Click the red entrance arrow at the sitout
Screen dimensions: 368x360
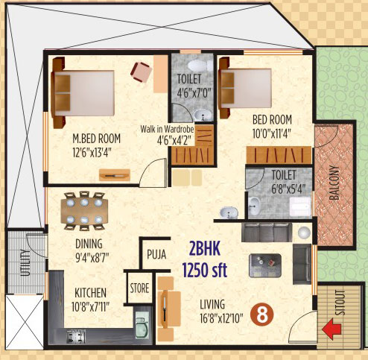point(331,329)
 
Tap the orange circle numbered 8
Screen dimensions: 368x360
point(262,315)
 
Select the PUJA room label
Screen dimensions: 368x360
point(156,255)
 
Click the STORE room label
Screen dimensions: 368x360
point(139,288)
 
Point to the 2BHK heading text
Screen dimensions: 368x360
point(205,249)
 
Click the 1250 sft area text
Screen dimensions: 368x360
point(205,270)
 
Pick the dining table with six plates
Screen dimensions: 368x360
point(84,211)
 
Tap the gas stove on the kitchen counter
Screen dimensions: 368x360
point(76,336)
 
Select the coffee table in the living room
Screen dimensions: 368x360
point(265,265)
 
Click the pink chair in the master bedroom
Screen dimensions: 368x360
point(142,72)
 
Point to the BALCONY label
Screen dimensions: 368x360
point(334,183)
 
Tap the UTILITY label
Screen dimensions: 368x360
point(25,262)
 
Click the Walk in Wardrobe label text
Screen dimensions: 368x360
point(167,129)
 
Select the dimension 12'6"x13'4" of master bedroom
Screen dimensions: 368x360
point(92,153)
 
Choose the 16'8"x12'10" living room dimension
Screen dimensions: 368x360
point(221,318)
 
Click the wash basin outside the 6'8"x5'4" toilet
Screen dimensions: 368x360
point(229,213)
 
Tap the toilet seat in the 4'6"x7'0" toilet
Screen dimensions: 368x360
point(198,66)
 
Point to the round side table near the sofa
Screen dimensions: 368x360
point(304,233)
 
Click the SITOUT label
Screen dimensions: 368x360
point(340,303)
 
